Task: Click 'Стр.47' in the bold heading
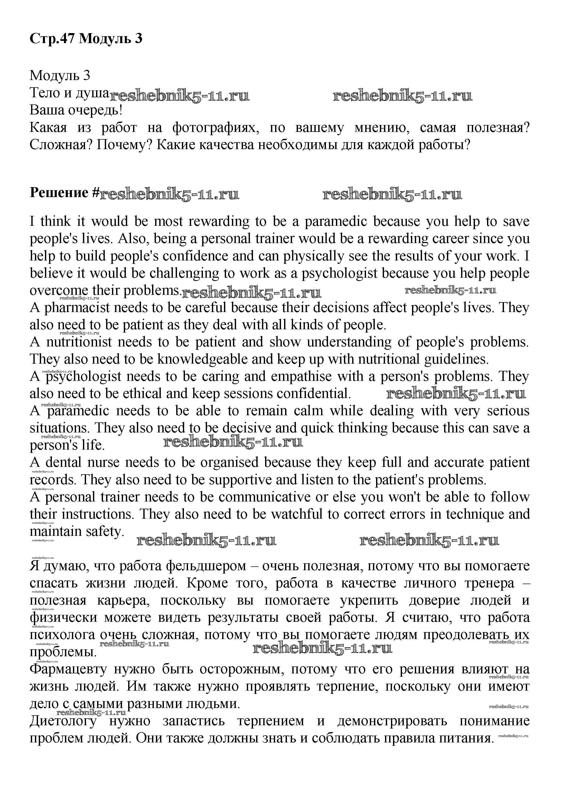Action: [52, 38]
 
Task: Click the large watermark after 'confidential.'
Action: [455, 394]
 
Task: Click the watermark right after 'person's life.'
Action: [233, 442]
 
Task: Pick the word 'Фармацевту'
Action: [68, 669]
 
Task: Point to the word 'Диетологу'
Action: [63, 721]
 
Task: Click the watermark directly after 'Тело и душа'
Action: [180, 95]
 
